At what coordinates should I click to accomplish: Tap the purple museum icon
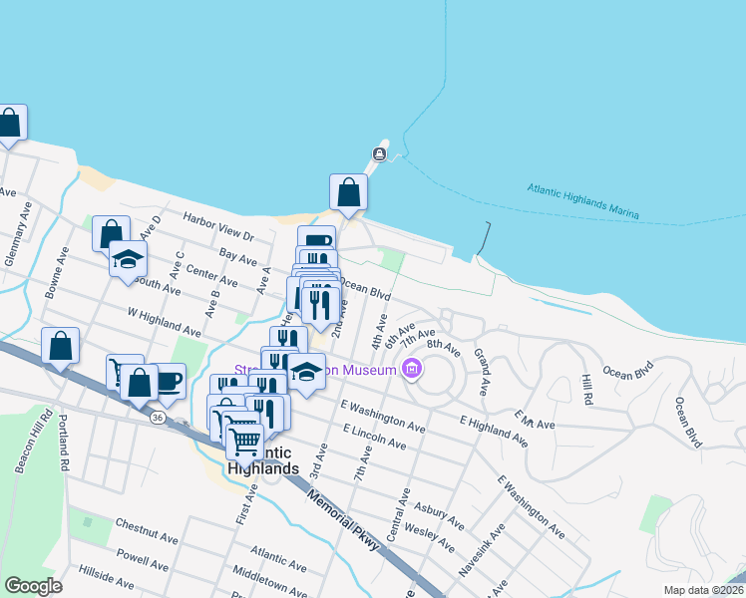click(411, 371)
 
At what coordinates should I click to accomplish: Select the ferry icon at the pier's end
click(379, 153)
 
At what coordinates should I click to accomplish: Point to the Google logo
click(33, 585)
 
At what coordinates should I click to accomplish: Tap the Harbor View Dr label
click(217, 224)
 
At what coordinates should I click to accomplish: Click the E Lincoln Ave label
click(374, 436)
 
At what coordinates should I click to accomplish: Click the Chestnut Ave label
click(146, 530)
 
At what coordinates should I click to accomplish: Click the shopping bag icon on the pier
click(348, 191)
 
